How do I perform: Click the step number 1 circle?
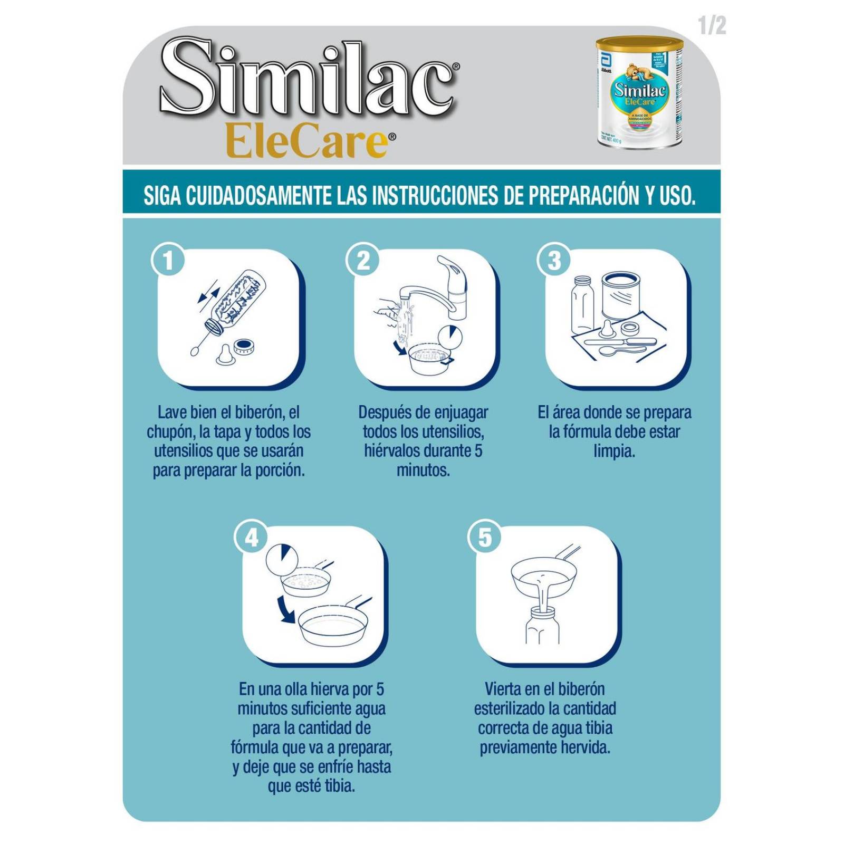[x=168, y=261]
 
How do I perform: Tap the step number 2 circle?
[x=363, y=261]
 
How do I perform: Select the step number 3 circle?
[x=554, y=261]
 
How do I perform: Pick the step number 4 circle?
[x=251, y=538]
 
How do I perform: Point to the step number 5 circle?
[x=485, y=538]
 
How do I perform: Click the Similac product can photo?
[x=639, y=93]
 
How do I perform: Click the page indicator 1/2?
[x=712, y=25]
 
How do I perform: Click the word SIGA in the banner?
[x=163, y=195]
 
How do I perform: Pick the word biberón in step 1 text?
[x=260, y=412]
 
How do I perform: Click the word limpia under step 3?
[x=613, y=451]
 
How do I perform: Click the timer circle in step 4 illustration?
[x=282, y=559]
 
